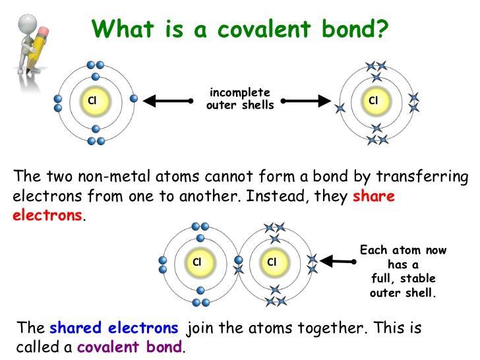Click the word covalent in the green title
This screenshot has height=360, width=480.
point(264,29)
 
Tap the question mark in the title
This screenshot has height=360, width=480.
point(381,28)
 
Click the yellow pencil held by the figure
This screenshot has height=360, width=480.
point(38,47)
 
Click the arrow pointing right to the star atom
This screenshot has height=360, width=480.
point(306,101)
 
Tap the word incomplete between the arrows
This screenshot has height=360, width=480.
point(240,93)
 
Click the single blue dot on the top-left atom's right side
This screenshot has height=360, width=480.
point(134,99)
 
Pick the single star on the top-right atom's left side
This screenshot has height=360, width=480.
point(340,108)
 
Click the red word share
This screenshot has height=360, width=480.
point(373,196)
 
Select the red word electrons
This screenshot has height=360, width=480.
point(47,215)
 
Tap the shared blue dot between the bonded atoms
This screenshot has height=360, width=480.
point(239,260)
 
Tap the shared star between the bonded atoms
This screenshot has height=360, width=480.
point(239,270)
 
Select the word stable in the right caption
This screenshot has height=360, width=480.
point(417,278)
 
